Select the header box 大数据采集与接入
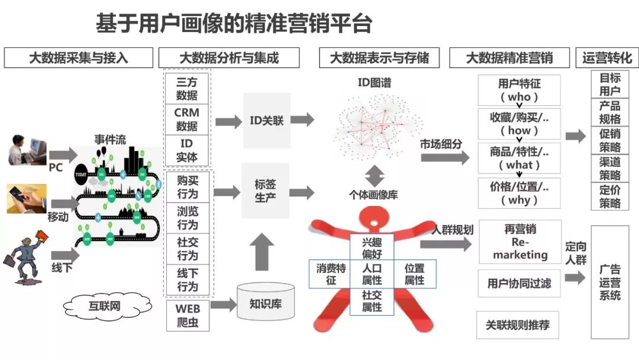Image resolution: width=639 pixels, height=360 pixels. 79,58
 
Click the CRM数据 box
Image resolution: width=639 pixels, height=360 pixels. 187,119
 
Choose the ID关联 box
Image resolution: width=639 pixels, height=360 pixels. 267,121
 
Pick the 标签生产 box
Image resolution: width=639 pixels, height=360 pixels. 266,191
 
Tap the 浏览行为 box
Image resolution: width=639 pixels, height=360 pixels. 187,218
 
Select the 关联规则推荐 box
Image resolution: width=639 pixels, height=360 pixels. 518,325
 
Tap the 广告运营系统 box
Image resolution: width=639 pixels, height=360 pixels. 610,282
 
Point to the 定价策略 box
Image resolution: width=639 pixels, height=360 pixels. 610,197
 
